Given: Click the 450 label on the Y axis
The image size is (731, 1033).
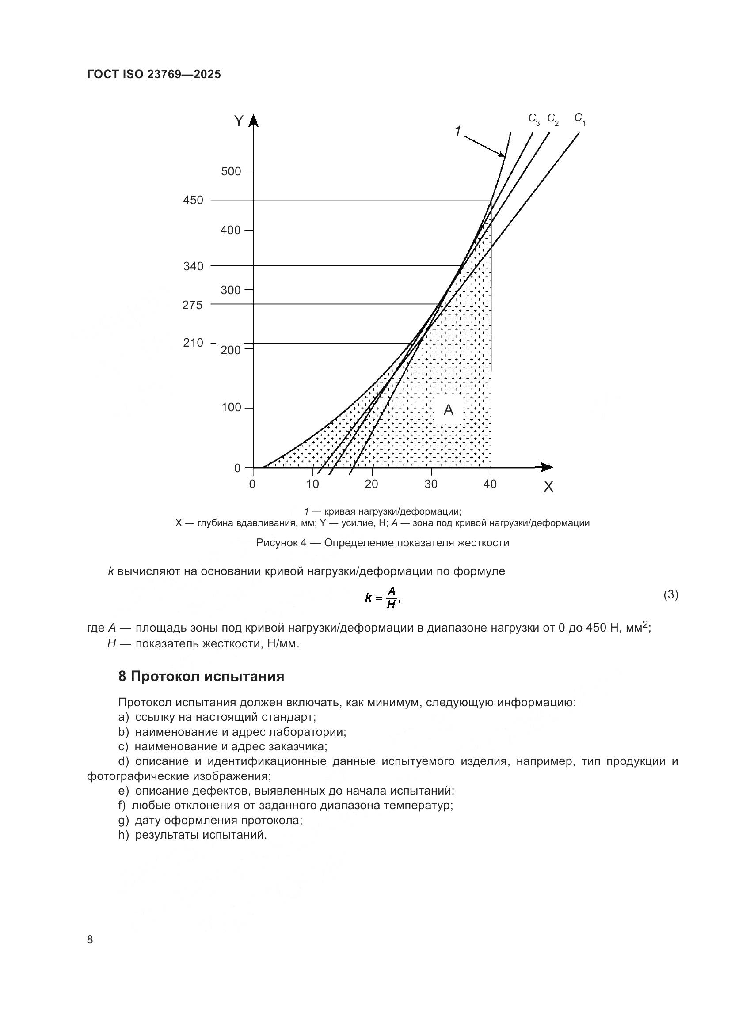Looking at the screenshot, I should pos(193,200).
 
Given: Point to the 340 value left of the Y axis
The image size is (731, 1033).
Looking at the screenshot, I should pos(193,266).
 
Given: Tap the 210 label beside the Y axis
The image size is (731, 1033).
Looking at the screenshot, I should pos(193,343).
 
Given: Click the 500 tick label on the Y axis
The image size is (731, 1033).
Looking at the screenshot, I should pos(231,171).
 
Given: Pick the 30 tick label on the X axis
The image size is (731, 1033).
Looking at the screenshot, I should pos(431,484).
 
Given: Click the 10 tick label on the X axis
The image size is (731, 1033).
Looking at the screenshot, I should pos(312,484).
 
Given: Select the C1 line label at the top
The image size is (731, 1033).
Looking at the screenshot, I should pos(580,119).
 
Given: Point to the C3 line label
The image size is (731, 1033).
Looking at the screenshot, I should pos(534,119).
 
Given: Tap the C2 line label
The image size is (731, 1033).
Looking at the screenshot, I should pos(553,119).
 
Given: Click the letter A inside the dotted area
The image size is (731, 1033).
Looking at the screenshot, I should pos(448,410).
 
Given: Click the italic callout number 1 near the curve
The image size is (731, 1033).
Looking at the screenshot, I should pos(457,132).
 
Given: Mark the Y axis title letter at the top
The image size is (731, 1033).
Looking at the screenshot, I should pos(239,121).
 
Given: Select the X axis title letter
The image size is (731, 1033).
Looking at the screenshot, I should pos(548,487).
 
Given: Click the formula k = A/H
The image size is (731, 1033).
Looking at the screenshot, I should pos(382,598).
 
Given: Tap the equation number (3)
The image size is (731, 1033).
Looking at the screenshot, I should pos(670,595).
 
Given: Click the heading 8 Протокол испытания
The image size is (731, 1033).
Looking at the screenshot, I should pos(201,676).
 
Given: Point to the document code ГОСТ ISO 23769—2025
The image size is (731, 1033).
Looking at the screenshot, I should pos(154,75).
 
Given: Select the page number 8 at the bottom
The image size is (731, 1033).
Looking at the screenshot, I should pos(90,939).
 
